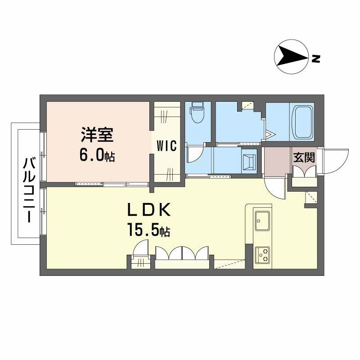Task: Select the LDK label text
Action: pos(149,210)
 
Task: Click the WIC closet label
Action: pos(167,145)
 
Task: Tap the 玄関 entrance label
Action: pos(304,157)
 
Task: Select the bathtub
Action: pos(301,122)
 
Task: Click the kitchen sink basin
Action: pos(262,221)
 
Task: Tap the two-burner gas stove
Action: pos(262,255)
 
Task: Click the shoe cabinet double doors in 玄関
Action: pos(305,172)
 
